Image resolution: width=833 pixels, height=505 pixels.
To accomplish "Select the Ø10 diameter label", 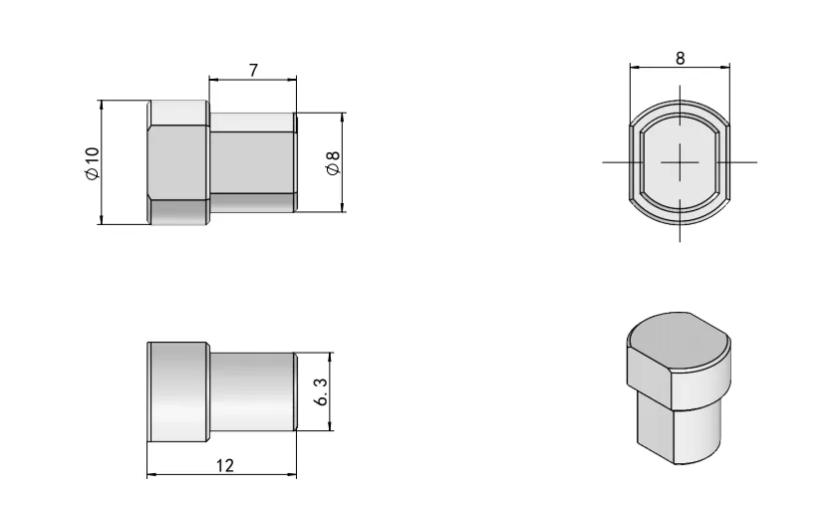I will coord(92,162).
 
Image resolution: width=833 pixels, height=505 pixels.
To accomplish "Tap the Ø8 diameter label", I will coord(333,162).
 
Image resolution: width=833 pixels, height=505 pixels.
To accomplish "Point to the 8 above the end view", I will coord(680,57).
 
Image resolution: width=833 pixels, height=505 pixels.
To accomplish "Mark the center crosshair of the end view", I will coord(680,161).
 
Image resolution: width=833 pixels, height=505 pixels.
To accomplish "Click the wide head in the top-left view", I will coord(177,162).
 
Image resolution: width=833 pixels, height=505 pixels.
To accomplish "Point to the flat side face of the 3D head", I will coord(648,374).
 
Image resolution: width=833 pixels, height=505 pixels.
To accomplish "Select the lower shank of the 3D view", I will coord(678,428).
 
